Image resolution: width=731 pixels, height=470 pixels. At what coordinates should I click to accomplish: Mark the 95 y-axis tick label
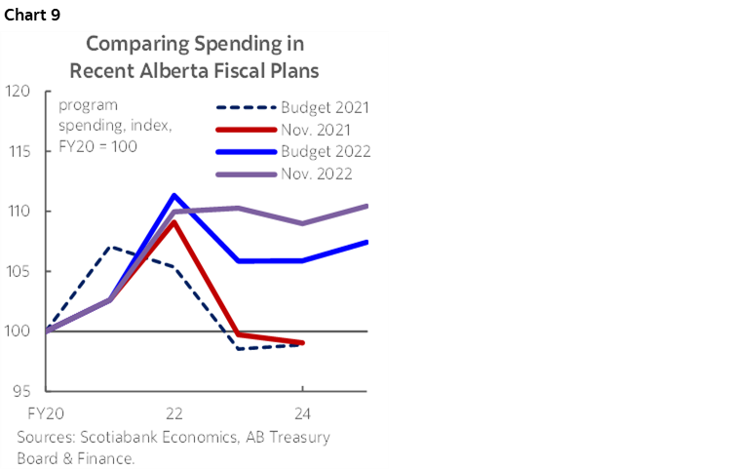point(20,392)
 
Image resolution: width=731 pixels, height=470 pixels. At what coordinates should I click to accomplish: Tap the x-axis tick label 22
point(174,411)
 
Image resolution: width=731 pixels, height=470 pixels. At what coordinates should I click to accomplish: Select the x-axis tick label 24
point(303,411)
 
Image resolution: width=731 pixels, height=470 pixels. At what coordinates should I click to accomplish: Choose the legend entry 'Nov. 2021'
point(318,129)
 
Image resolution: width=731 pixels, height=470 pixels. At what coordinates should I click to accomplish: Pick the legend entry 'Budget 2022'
point(325,151)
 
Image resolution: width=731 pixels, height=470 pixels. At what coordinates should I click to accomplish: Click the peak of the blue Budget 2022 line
point(174,195)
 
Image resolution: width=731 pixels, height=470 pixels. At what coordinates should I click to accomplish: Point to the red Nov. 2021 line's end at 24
point(303,343)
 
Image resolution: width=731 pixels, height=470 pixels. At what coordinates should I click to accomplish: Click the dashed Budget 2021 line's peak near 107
point(110,247)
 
